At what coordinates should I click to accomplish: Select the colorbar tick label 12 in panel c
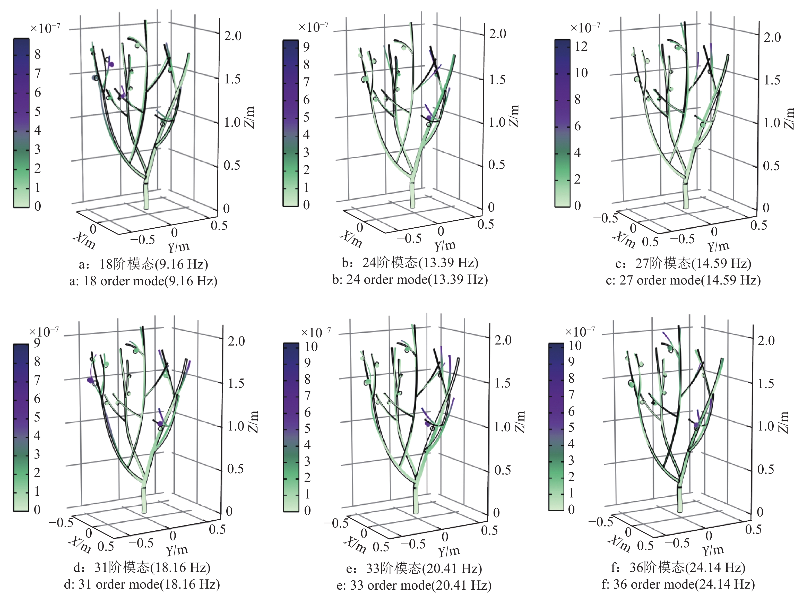[x=581, y=46]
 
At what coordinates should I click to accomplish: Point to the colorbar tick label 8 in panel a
[x=37, y=55]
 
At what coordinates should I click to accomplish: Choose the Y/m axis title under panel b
[x=445, y=246]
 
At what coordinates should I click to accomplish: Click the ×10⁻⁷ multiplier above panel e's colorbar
[x=316, y=332]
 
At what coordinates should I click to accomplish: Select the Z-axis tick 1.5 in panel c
[x=772, y=80]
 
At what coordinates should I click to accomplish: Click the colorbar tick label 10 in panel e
[x=311, y=347]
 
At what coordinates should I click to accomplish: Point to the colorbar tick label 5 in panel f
[x=571, y=427]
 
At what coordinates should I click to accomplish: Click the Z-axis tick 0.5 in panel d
[x=236, y=469]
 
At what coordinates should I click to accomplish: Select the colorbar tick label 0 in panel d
[x=37, y=510]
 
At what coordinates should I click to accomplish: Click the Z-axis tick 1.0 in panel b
[x=497, y=122]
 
